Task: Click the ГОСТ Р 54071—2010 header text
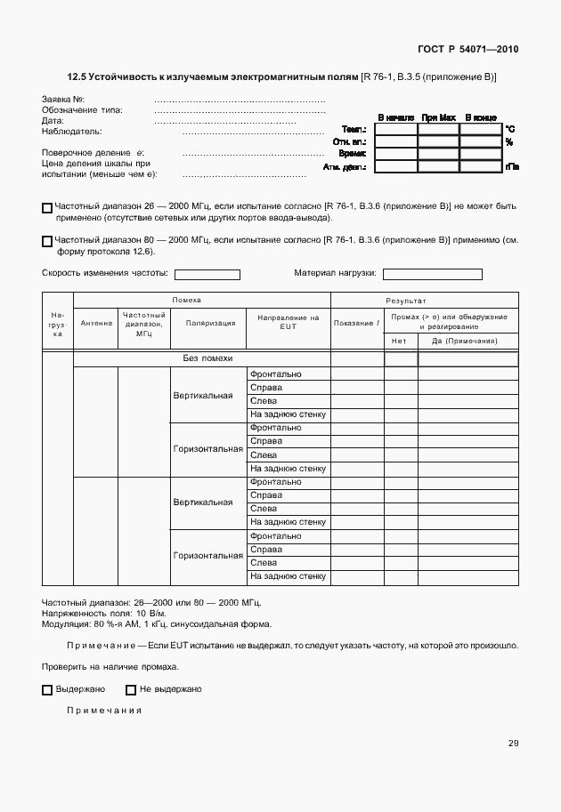click(x=468, y=50)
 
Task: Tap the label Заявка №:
click(x=63, y=99)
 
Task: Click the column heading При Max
click(x=438, y=117)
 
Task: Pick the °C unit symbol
click(x=510, y=129)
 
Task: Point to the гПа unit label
click(x=512, y=166)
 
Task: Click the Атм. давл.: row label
click(x=346, y=166)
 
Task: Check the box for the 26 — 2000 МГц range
click(x=47, y=208)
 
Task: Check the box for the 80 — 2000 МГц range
click(x=47, y=241)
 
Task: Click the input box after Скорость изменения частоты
click(x=207, y=275)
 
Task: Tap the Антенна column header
click(x=96, y=323)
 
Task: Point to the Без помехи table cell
click(x=207, y=358)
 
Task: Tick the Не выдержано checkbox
click(x=131, y=689)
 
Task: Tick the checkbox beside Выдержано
click(x=47, y=689)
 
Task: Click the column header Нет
click(x=399, y=341)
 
